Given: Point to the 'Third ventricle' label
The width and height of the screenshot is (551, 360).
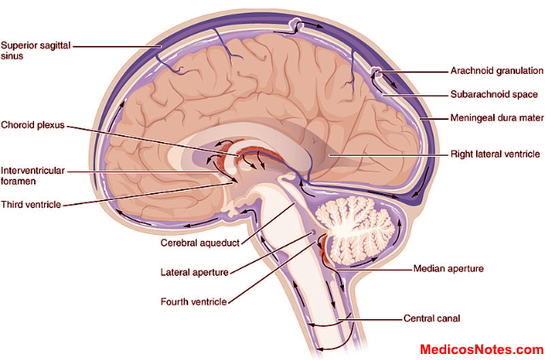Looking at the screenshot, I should (31, 204).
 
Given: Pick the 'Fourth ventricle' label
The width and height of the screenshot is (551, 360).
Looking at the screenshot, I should (195, 301).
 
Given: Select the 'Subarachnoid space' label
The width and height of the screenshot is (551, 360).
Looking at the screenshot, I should (494, 94).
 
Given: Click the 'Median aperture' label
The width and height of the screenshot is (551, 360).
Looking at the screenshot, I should (448, 268).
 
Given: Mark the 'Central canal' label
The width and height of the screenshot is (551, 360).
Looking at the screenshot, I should (431, 320).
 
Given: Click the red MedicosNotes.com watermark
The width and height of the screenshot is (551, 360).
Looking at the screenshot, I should (481, 349).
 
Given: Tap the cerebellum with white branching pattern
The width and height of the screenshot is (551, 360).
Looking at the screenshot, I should (362, 226).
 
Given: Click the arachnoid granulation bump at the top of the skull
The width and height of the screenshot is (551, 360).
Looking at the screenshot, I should (295, 22).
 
